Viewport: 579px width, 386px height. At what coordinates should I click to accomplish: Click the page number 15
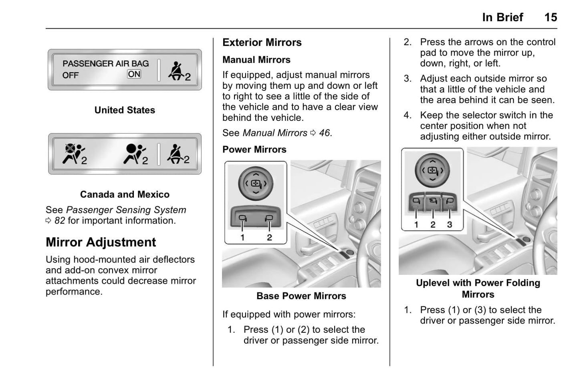[x=551, y=17]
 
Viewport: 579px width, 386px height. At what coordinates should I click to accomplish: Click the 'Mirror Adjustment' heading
[x=101, y=242]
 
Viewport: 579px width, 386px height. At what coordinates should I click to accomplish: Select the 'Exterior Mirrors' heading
[x=262, y=42]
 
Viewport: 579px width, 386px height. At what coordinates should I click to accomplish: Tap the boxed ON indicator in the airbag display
[x=134, y=74]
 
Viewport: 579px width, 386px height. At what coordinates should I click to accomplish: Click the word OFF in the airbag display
[x=71, y=75]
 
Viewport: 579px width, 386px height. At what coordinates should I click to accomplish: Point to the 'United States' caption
[x=125, y=110]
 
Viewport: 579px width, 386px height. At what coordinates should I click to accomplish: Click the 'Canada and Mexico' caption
[x=125, y=194]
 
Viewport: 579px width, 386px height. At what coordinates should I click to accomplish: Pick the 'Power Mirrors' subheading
[x=254, y=149]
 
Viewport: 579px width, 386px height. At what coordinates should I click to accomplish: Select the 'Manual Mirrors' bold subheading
[x=256, y=60]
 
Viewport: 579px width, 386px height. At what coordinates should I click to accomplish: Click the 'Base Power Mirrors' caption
[x=301, y=296]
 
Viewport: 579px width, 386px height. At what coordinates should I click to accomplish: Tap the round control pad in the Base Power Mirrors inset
[x=256, y=184]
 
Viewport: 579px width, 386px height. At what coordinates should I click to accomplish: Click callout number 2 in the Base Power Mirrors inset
[x=269, y=238]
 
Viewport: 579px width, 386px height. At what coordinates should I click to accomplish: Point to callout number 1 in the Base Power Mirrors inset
[x=242, y=238]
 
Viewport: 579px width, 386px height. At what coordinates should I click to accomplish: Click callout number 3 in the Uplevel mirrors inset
[x=450, y=225]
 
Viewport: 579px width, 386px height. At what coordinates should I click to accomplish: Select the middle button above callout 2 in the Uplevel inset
[x=433, y=201]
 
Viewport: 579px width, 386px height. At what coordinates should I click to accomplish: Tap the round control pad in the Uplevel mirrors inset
[x=432, y=170]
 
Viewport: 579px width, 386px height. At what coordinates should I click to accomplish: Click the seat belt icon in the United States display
[x=176, y=71]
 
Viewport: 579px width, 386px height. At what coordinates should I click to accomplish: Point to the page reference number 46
[x=325, y=133]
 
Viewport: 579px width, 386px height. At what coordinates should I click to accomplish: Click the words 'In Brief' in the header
[x=502, y=17]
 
